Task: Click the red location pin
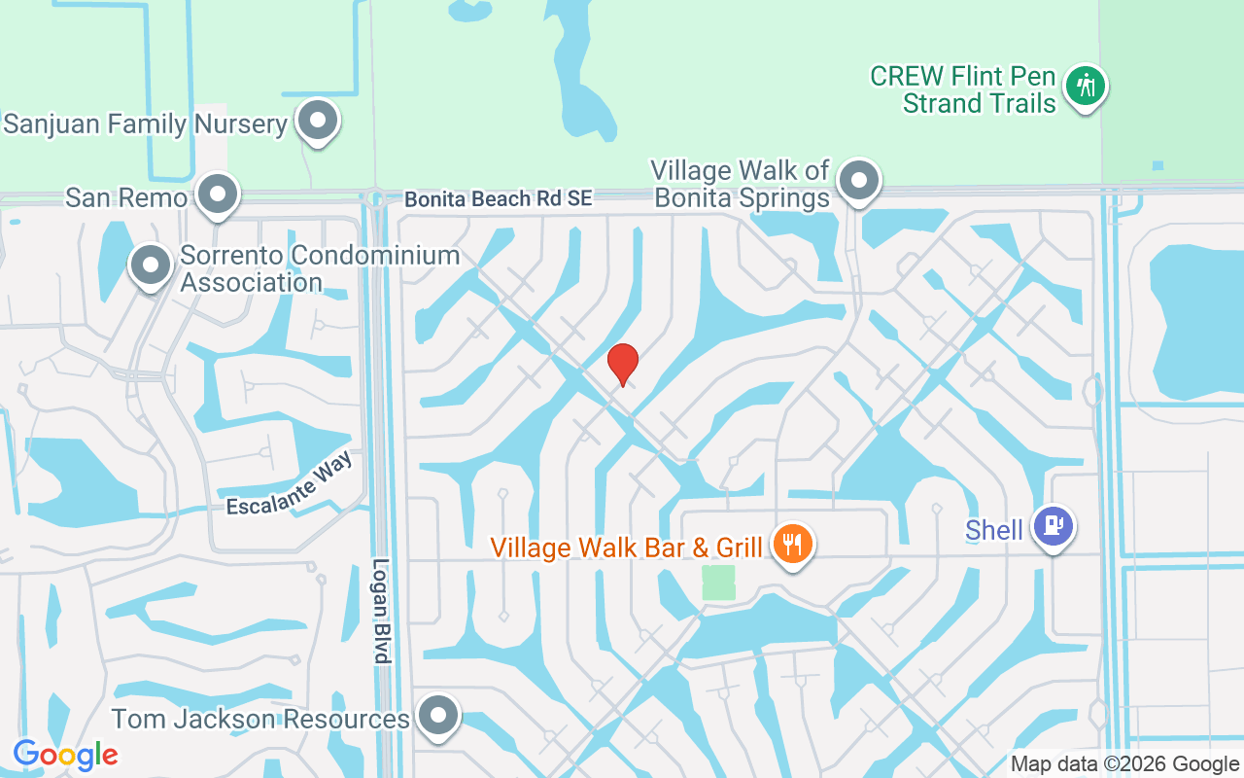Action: (x=622, y=365)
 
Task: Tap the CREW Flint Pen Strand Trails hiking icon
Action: (x=1086, y=87)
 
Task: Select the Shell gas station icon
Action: (x=1054, y=526)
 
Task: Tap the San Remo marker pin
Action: (x=218, y=194)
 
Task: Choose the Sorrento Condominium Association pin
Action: (x=151, y=265)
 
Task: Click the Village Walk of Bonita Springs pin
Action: (x=859, y=180)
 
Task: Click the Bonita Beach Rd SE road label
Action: (x=499, y=199)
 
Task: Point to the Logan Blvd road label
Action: (x=381, y=611)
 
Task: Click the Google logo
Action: (x=66, y=754)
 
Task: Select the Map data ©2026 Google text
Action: (x=1124, y=764)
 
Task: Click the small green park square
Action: (x=719, y=583)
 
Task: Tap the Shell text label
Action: (x=994, y=530)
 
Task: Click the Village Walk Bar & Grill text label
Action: (x=627, y=548)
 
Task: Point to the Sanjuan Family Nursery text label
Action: (x=146, y=124)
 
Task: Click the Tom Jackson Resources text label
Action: (x=260, y=720)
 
